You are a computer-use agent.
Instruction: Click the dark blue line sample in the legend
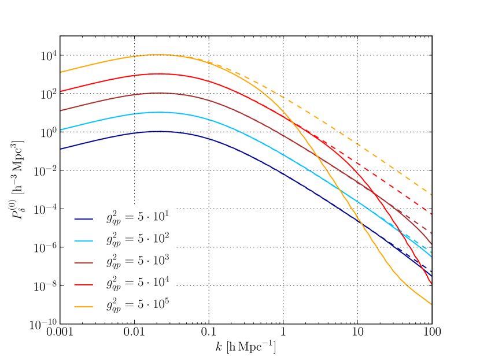click(x=83, y=219)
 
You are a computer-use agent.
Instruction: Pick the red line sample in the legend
click(x=83, y=284)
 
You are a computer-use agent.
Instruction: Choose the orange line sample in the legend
click(x=83, y=306)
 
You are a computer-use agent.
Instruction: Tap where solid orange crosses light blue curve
click(x=339, y=190)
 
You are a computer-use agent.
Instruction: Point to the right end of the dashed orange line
click(x=431, y=194)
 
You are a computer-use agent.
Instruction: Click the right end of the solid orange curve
click(x=431, y=304)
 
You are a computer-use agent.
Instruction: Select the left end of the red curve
click(x=61, y=91)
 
